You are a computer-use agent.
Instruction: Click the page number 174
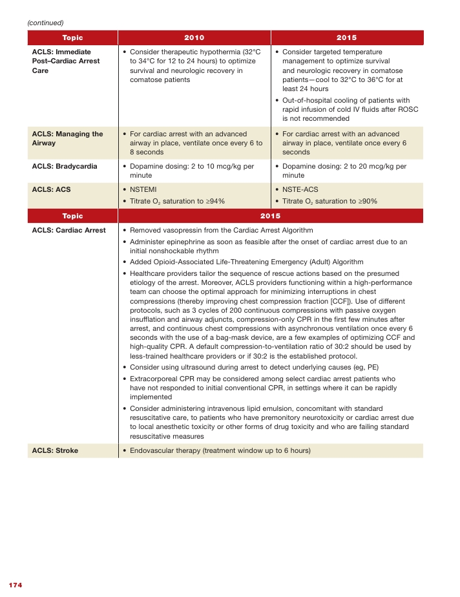[16, 585]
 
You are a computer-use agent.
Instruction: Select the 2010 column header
[194, 37]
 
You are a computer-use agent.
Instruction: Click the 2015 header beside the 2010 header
[346, 37]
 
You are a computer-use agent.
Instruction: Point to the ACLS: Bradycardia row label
[65, 166]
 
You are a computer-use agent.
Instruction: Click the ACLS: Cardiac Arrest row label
[68, 230]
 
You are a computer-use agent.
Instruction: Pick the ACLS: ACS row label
[52, 190]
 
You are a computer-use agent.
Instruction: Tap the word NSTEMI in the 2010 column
[143, 190]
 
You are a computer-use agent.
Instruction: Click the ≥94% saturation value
[215, 201]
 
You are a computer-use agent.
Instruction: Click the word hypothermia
[220, 52]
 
